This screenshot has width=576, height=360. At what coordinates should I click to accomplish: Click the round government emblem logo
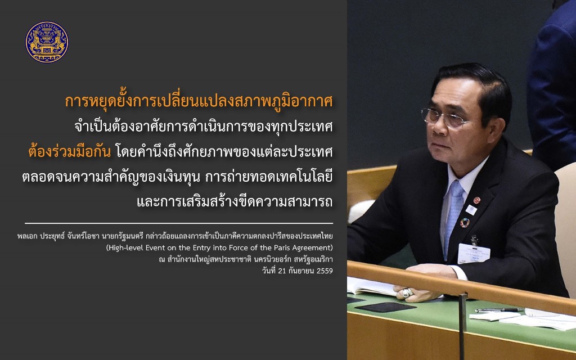tap(47, 42)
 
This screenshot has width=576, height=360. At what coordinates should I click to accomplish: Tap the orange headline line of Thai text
tap(199, 102)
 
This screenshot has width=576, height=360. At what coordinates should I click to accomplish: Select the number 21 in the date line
tap(282, 271)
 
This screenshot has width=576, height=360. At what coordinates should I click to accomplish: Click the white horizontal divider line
tap(179, 223)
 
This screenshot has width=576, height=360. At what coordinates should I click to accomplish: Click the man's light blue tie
tap(453, 216)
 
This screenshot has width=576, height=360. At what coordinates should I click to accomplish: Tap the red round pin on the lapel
tap(476, 200)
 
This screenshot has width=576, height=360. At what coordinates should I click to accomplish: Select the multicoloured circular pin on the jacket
tap(465, 223)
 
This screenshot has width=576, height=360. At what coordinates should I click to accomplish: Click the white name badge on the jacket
tap(474, 253)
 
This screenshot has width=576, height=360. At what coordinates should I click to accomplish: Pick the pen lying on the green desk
tap(498, 310)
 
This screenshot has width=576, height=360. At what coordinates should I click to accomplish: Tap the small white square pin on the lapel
tap(471, 209)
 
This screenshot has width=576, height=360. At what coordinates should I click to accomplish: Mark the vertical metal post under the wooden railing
tap(462, 327)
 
